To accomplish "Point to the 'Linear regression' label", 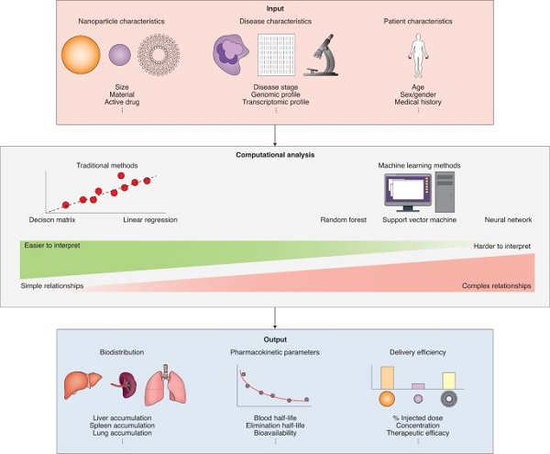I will point(149,220).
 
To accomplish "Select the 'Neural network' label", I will point(509,220).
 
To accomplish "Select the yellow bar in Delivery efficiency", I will point(449,381).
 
